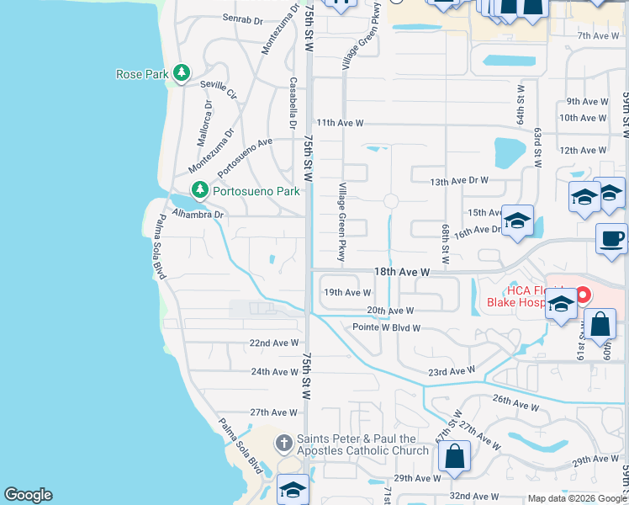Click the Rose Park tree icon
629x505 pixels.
click(181, 74)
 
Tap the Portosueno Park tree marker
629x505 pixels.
click(199, 191)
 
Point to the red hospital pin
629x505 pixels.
click(582, 296)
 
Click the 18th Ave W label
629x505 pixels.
click(402, 273)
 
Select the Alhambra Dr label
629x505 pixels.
click(198, 215)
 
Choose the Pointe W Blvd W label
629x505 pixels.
click(386, 327)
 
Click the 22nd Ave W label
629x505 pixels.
click(274, 343)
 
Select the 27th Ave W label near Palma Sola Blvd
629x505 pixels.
click(274, 412)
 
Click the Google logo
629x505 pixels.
click(28, 496)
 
